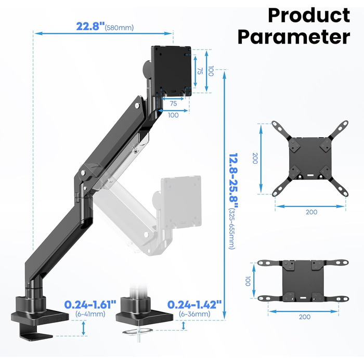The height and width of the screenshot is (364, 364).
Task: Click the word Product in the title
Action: click(309, 16)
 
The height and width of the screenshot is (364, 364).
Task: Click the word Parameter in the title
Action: click(294, 37)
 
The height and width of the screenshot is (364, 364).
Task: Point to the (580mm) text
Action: click(119, 28)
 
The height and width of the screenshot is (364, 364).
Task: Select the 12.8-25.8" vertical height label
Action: click(233, 180)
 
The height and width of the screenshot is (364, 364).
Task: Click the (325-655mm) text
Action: click(232, 229)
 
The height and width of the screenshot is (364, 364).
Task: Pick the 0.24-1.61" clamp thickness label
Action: click(90, 304)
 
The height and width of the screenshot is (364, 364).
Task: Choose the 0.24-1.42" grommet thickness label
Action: click(194, 304)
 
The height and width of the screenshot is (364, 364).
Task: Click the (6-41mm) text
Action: click(90, 314)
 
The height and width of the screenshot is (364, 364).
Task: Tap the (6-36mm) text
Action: click(194, 314)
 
